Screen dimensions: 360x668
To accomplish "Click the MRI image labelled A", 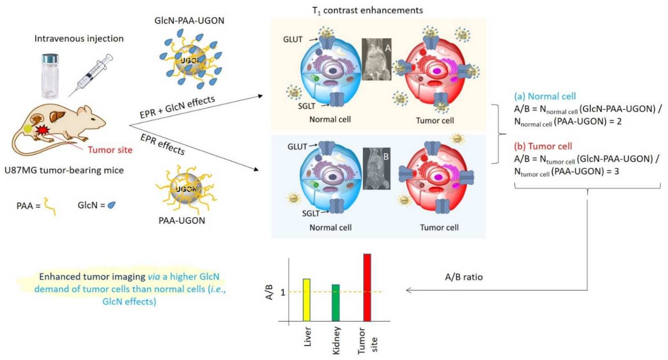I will [376, 59].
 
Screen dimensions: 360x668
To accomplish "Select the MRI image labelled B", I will [376, 169].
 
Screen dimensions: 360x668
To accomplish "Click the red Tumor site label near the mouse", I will [110, 150].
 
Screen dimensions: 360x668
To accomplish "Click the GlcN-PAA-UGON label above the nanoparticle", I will [189, 20].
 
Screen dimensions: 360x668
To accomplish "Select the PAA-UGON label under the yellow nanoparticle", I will [182, 221].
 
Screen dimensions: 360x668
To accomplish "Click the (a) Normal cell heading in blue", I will [545, 96].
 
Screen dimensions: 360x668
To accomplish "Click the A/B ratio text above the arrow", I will [464, 277].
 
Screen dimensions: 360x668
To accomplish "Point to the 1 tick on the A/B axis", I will [283, 292].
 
